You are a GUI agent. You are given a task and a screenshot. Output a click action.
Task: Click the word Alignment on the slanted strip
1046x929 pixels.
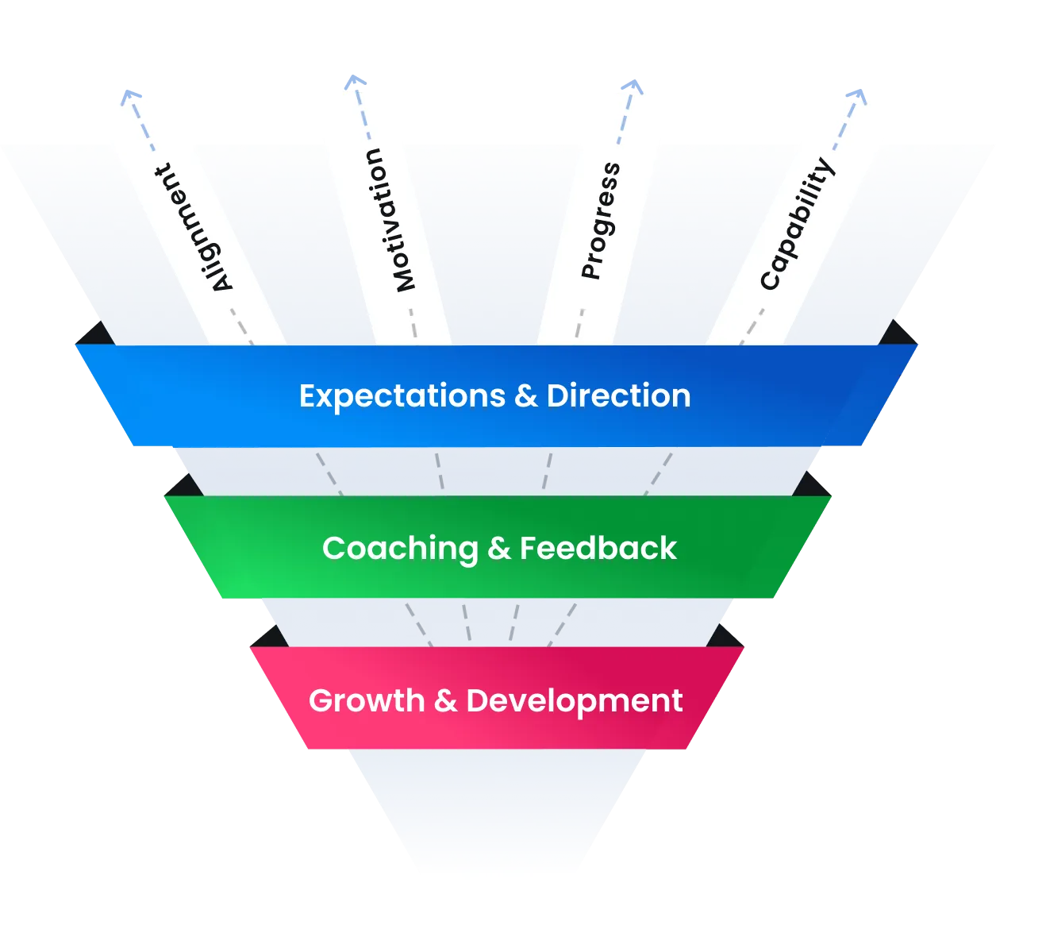click(x=194, y=229)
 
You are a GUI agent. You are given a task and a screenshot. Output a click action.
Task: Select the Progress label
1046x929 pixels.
click(x=601, y=221)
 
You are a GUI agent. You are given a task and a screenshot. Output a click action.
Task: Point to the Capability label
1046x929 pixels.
click(x=797, y=224)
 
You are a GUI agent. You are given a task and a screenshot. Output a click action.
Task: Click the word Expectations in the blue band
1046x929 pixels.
click(x=402, y=396)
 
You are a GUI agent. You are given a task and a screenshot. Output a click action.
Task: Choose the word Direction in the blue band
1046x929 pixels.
click(x=618, y=395)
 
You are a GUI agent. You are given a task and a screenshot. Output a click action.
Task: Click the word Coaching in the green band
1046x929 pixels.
click(x=400, y=549)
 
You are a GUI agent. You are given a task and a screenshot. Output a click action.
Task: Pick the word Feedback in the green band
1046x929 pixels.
click(x=598, y=548)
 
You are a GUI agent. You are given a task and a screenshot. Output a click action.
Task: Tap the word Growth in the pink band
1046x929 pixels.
click(x=367, y=701)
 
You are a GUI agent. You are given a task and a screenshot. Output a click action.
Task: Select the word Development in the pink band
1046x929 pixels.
click(x=574, y=701)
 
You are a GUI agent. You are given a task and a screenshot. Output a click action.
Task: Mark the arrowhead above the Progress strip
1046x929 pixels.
click(x=631, y=83)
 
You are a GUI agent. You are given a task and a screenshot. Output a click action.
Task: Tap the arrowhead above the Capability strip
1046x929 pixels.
click(x=856, y=94)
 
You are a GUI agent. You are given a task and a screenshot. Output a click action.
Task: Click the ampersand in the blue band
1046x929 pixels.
click(x=525, y=396)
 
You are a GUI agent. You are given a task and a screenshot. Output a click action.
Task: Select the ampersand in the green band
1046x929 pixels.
click(x=498, y=549)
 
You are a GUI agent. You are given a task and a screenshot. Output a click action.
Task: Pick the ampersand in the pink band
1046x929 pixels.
click(x=445, y=701)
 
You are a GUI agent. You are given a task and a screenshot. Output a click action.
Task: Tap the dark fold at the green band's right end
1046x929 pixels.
click(x=811, y=484)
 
